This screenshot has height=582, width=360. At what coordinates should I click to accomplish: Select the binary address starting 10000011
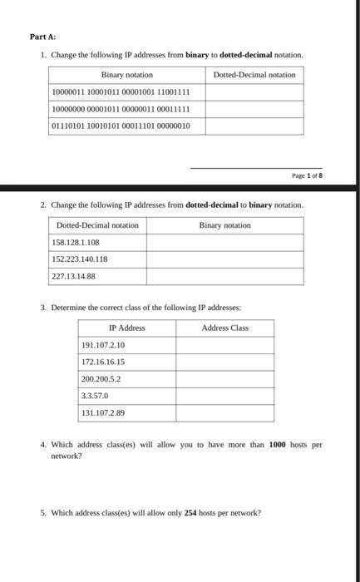click(x=121, y=91)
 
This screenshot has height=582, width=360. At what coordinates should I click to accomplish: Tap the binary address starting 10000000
click(x=121, y=108)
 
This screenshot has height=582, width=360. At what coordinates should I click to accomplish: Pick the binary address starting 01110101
click(x=121, y=126)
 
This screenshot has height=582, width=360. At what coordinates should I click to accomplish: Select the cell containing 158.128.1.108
click(x=76, y=242)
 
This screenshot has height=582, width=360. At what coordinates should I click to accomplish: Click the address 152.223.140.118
click(x=80, y=259)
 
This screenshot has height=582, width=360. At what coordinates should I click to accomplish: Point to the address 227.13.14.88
click(x=74, y=276)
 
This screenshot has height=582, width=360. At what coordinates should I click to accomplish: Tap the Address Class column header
click(x=224, y=328)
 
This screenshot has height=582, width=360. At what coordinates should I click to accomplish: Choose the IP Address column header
click(x=127, y=328)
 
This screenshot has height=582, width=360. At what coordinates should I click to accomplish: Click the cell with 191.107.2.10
click(x=103, y=345)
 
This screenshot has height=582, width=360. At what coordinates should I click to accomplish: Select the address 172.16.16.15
click(x=103, y=362)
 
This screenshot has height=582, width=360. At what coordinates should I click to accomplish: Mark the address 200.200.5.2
click(x=101, y=378)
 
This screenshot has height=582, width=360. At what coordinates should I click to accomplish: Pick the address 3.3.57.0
click(x=96, y=396)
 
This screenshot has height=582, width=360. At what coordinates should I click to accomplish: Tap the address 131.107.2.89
click(x=103, y=412)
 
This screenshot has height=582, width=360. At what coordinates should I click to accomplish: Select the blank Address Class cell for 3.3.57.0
click(x=224, y=396)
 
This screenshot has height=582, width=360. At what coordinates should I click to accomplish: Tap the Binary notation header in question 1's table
click(x=127, y=75)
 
